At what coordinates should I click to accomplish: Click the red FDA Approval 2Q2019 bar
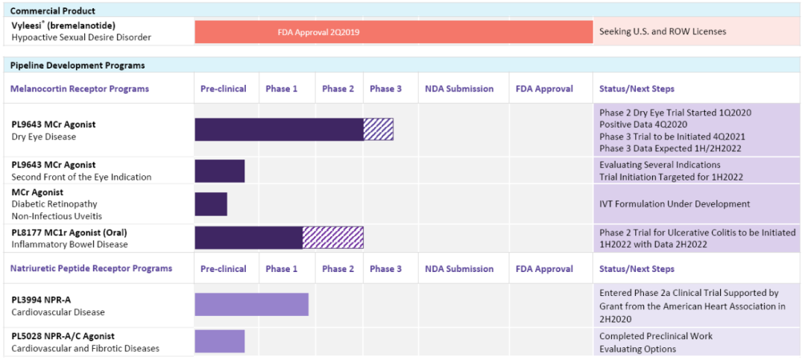click(x=393, y=32)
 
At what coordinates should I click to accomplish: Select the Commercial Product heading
click(x=53, y=11)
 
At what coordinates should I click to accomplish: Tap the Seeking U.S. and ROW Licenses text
click(x=663, y=32)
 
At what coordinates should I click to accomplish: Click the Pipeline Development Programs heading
click(x=78, y=66)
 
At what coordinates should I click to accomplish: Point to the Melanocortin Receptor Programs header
click(x=80, y=89)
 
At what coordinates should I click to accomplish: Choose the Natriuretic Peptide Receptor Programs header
click(x=91, y=269)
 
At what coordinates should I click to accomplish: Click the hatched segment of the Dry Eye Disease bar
click(x=378, y=130)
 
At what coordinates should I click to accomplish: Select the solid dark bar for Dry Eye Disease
click(x=279, y=130)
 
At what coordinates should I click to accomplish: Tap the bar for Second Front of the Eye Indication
click(x=220, y=171)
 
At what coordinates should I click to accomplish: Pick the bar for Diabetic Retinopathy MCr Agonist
click(x=211, y=204)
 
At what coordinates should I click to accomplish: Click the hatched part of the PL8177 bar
click(x=333, y=238)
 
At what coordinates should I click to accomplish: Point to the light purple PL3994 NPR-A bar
click(x=251, y=304)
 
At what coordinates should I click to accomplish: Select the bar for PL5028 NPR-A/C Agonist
click(x=220, y=341)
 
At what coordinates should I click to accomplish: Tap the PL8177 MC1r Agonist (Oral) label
click(x=69, y=233)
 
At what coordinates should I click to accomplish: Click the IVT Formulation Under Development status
click(x=675, y=204)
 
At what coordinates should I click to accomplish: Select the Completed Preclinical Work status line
click(x=656, y=336)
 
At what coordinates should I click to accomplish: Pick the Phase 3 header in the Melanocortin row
click(x=385, y=89)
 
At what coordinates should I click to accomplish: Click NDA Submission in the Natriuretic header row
click(x=459, y=269)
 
